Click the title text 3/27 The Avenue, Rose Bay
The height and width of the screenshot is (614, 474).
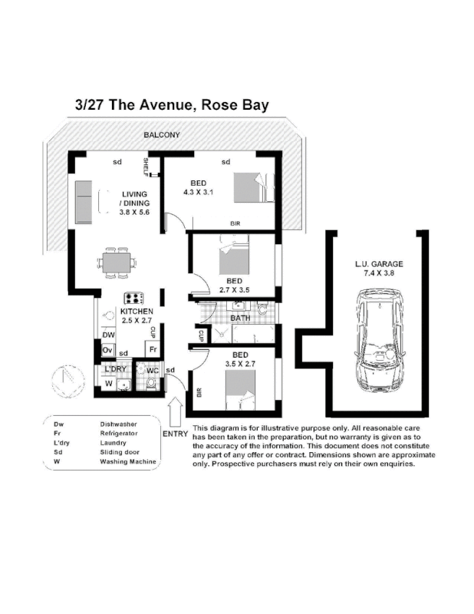point(172,104)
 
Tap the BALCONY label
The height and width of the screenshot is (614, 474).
point(162,136)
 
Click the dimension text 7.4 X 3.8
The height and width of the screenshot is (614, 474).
point(379,273)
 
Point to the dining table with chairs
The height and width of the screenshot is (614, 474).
point(117,262)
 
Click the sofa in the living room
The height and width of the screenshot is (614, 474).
point(83,202)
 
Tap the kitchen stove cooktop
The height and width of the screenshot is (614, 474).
point(135,299)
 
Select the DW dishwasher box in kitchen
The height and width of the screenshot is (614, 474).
point(110,335)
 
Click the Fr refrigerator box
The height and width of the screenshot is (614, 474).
point(153,349)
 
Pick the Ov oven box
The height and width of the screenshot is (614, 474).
point(109,350)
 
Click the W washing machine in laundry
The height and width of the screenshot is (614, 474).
point(109,383)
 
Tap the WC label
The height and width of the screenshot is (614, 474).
point(153,371)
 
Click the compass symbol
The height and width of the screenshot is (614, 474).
point(67,380)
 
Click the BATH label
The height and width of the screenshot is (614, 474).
point(240,318)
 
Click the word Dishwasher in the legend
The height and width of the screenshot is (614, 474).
point(119,424)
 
